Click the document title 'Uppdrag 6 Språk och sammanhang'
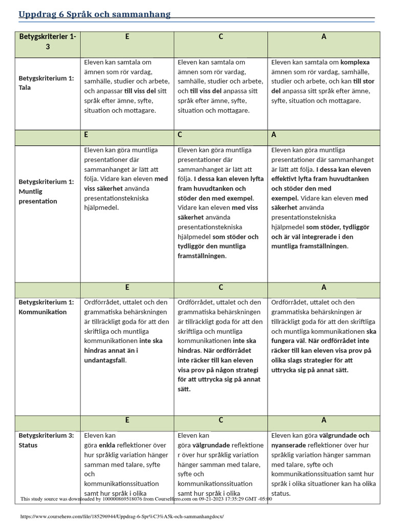pos(95,14)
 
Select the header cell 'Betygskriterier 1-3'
pos(48,42)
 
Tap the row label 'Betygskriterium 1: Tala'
pos(47,83)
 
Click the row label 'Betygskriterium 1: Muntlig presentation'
pos(47,191)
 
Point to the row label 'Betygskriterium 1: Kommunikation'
pos(47,307)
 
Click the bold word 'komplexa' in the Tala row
pos(355,62)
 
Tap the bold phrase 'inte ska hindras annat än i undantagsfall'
pos(123,350)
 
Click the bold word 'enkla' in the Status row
pos(107,445)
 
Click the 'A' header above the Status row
pos(324,420)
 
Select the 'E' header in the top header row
pos(127,37)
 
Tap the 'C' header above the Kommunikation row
pos(221,288)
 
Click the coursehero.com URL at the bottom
pos(122,516)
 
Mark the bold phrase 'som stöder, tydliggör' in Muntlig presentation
pos(338,227)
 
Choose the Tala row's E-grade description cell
pos(127,86)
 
